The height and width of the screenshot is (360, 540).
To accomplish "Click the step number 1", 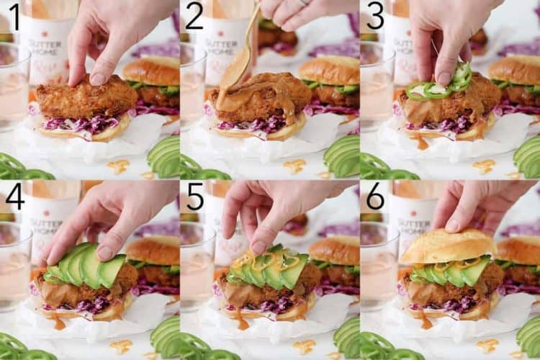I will click(x=14, y=16).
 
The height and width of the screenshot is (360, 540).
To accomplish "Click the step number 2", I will click(x=194, y=16).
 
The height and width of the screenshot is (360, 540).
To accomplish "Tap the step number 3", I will click(x=375, y=16).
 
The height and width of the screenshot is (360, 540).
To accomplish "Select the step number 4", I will click(x=14, y=197).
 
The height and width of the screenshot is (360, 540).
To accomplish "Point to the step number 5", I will click(x=195, y=197).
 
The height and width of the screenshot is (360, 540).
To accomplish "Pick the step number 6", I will click(x=375, y=197).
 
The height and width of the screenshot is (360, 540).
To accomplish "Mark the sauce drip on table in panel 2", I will click(x=294, y=166).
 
